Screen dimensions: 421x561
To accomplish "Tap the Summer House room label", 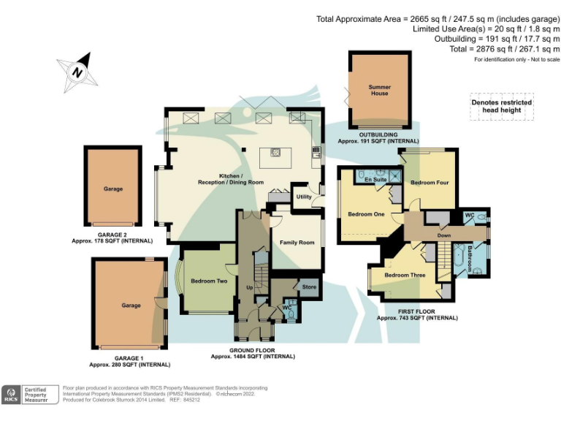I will point(379,90).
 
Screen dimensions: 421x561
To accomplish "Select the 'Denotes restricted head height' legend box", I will point(501,107).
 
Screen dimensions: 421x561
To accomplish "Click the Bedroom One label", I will point(365,214).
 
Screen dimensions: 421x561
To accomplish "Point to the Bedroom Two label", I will point(209,281).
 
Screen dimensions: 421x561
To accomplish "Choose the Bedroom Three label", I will point(405,276).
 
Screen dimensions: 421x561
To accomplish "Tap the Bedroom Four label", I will point(429,183).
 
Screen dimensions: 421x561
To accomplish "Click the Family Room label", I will point(297,243).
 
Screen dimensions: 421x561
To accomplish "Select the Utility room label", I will point(304,197).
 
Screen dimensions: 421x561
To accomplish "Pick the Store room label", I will point(309,287).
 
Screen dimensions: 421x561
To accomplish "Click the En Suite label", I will point(375,180).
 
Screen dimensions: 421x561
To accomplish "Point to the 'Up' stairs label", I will point(250,288).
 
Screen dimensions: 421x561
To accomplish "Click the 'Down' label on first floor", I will point(443,235).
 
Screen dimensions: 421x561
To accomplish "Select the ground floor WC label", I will point(287,308).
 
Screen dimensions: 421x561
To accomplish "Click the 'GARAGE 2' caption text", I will point(112,234).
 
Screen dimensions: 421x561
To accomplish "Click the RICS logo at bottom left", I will point(11,395).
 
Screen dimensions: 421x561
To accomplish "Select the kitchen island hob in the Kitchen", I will point(277,153).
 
